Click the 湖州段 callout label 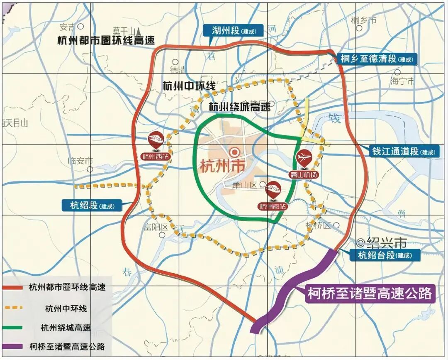[x=232, y=30]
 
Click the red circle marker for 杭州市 [x=235, y=152]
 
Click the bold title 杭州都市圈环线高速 [x=106, y=41]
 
